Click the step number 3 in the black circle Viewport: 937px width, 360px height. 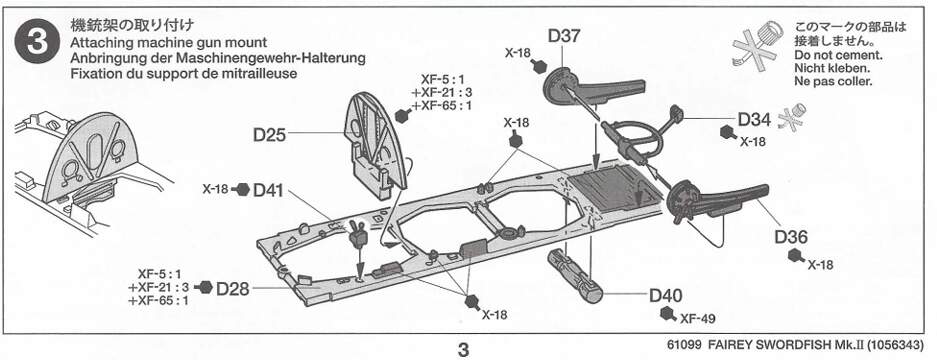[38, 45]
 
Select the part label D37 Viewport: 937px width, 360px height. [564, 36]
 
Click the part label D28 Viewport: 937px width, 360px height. [232, 289]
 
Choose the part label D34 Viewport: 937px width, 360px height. [754, 119]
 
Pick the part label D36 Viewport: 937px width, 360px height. [792, 237]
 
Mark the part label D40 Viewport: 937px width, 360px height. [666, 295]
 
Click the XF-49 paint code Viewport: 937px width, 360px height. [698, 318]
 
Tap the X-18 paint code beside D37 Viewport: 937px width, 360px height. [518, 53]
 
